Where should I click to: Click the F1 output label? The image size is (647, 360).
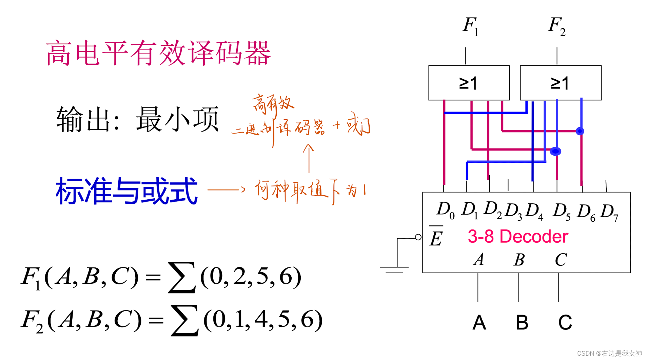470,26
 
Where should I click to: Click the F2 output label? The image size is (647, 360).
556,26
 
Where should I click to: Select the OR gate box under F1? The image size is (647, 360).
469,83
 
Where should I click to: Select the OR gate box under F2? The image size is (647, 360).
560,83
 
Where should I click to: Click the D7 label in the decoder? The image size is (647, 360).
609,212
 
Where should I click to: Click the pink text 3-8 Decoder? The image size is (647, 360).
517,236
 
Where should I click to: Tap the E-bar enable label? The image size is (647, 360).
436,237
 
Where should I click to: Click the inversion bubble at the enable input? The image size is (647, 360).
418,237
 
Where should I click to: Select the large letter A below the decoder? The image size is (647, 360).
479,322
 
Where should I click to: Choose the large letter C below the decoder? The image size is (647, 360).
565,322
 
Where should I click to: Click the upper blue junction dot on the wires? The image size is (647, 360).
580,131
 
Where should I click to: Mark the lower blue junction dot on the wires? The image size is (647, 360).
555,151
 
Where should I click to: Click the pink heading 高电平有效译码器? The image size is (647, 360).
158,53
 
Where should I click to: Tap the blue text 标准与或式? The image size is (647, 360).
126,191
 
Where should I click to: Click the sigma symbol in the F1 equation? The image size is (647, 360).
182,277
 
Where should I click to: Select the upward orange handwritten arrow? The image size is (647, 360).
308,159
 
